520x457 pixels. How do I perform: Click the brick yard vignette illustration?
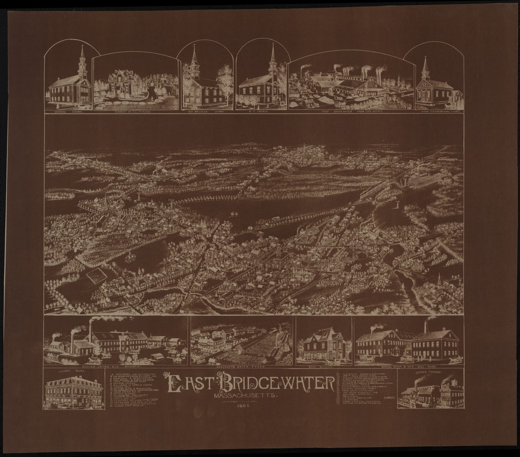point(242,341)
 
